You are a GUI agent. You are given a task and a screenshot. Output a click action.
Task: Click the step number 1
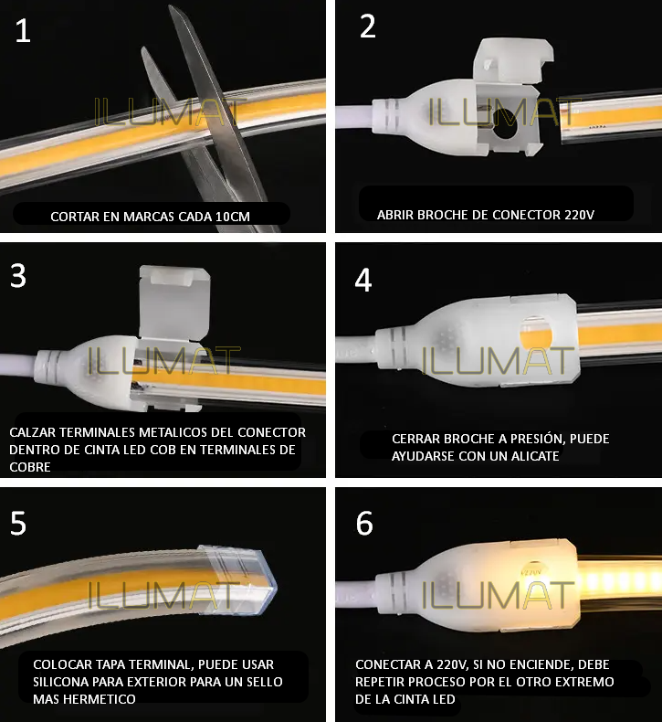[23, 31]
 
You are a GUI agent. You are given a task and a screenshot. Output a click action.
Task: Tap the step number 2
[367, 27]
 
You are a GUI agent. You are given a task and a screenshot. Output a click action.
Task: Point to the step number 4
[363, 280]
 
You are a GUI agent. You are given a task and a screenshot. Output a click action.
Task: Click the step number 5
[18, 523]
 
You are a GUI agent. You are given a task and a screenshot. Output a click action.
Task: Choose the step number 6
[364, 523]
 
